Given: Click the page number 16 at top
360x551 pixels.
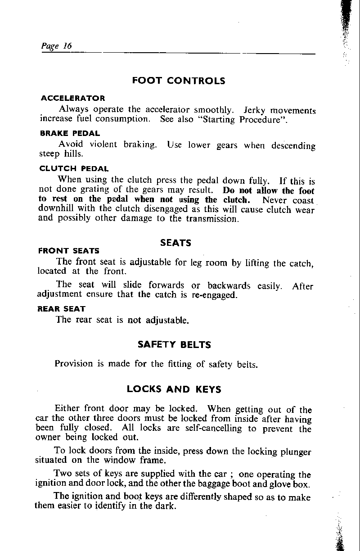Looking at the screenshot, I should point(67,46).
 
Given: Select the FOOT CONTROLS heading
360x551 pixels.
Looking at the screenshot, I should point(179,81).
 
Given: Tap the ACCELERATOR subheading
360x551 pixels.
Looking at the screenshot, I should point(72,98).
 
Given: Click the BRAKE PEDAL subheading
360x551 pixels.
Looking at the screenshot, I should point(70,133).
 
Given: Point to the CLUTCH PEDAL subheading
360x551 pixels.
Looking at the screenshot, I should point(74,169).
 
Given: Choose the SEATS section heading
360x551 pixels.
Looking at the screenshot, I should point(175,243).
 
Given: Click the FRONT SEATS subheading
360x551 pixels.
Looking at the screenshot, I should point(69,251).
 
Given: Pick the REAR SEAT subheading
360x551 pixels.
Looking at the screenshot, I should point(62,309).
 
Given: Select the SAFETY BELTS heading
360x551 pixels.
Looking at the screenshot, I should point(174,345).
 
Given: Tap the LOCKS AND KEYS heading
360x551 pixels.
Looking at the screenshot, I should point(174,388).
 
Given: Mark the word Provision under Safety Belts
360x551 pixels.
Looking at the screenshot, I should point(74,363).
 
